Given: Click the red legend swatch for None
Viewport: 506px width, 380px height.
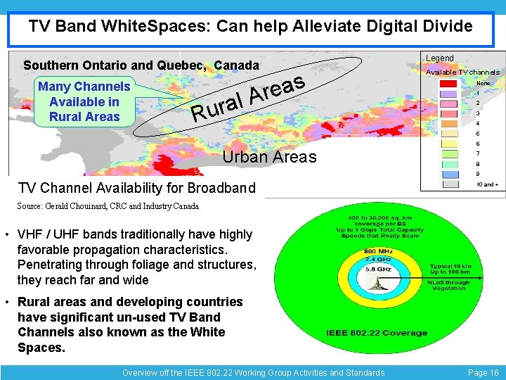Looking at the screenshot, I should click(447, 83).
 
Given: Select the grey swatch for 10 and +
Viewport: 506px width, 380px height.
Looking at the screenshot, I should click(447, 184).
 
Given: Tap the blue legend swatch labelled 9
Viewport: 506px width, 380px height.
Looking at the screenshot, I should click(447, 174).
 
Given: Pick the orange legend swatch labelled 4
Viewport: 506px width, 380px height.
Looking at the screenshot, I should click(447, 123).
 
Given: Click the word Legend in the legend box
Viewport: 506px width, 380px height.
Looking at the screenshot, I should click(440, 58).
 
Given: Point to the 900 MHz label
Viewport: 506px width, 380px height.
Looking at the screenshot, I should click(377, 252).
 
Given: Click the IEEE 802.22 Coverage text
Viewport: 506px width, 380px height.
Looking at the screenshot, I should click(377, 332).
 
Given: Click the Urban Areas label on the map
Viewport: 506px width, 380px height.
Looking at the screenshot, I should click(269, 157).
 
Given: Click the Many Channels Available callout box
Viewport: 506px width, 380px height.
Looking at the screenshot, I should click(84, 101).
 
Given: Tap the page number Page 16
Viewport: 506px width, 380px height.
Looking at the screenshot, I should click(483, 372).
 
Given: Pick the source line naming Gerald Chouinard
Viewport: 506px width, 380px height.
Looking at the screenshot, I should click(108, 206).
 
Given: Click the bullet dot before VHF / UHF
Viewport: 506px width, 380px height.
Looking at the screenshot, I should click(6, 234).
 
